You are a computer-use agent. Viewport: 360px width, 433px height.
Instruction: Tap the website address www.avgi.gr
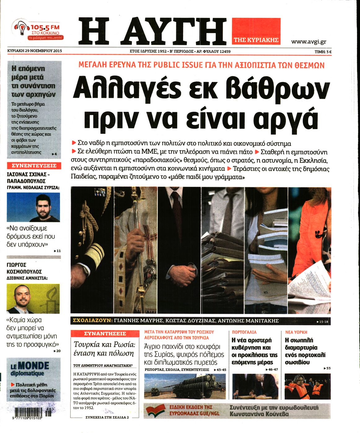(308, 42)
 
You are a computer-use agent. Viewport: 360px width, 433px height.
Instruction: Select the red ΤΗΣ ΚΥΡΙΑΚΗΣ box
(256, 31)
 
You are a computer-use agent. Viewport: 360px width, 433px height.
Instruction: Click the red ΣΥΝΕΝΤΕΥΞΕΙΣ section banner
(34, 166)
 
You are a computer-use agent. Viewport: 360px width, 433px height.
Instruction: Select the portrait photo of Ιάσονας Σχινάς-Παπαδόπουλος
(33, 207)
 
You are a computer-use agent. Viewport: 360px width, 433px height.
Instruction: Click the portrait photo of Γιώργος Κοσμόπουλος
(33, 299)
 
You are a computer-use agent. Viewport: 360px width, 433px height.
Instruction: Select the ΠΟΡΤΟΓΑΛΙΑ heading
(244, 332)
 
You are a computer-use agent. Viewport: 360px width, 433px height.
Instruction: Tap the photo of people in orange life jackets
(307, 387)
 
